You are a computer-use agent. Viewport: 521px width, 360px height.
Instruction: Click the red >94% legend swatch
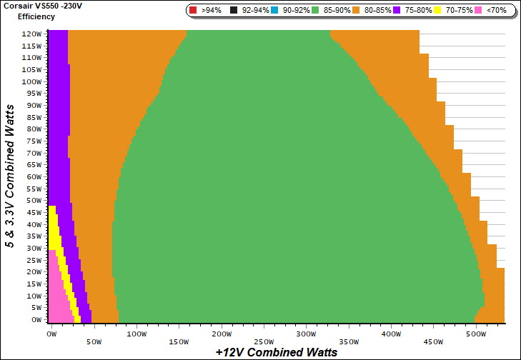(193, 11)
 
